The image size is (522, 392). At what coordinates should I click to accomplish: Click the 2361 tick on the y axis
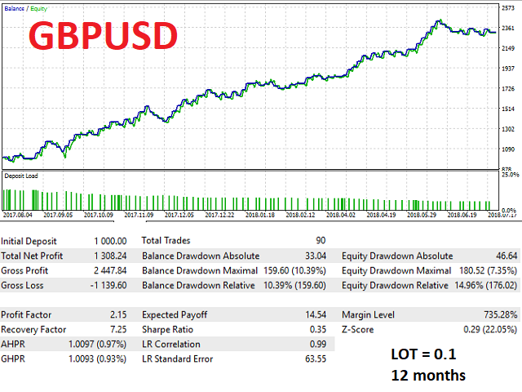(x=508, y=27)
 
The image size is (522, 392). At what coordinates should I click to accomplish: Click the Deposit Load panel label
(x=21, y=175)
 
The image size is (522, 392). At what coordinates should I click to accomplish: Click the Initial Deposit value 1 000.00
(x=109, y=241)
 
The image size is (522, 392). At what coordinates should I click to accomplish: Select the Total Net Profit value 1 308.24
(x=109, y=256)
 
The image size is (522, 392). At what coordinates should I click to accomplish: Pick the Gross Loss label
(x=23, y=285)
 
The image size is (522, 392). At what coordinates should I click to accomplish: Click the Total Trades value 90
(x=321, y=241)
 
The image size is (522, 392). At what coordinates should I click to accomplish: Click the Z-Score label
(x=360, y=329)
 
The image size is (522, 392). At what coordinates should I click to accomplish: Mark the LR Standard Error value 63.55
(x=315, y=359)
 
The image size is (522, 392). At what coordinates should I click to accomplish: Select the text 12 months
(x=429, y=376)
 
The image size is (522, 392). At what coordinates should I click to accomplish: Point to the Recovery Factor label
(x=33, y=329)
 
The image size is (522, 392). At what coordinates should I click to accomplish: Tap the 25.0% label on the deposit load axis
(x=511, y=175)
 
